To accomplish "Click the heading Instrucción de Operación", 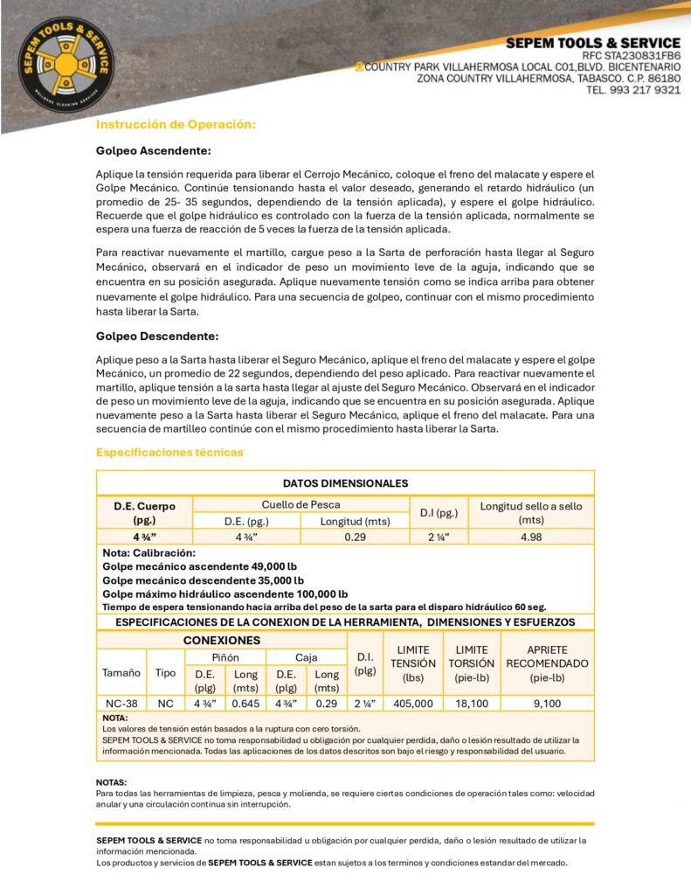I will point(176,125).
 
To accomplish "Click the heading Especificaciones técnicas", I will point(169,452).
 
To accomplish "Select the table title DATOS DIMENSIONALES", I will point(345,483).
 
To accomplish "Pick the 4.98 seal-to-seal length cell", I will point(531,538).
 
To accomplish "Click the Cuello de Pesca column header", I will point(301,504).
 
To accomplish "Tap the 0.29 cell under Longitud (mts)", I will point(355,538).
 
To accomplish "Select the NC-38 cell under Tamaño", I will point(121,703).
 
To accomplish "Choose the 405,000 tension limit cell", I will point(413,703).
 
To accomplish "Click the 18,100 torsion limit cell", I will point(472,703).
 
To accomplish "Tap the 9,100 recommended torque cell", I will point(547,703).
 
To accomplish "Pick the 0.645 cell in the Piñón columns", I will point(245,703).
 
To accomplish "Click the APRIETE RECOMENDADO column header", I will point(548,663).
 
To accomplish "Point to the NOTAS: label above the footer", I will point(111,781).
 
